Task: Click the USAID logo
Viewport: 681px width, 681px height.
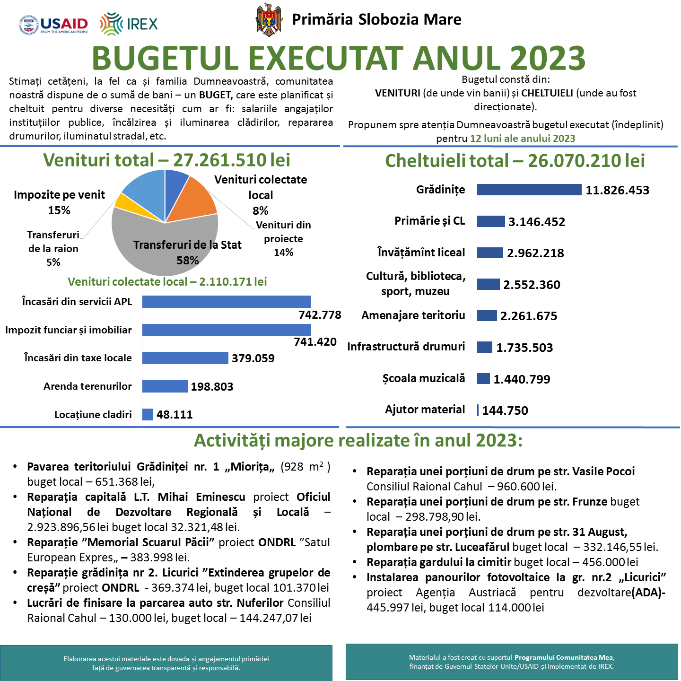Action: pyautogui.click(x=53, y=25)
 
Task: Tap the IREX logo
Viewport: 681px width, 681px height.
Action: pyautogui.click(x=129, y=24)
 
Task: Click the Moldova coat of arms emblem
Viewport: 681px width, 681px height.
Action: pyautogui.click(x=269, y=20)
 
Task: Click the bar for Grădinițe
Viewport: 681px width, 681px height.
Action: pyautogui.click(x=529, y=190)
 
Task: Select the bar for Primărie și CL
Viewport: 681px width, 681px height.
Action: pyautogui.click(x=491, y=221)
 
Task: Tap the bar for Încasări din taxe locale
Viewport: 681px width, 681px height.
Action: pyautogui.click(x=185, y=358)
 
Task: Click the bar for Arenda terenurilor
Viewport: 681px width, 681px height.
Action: pyautogui.click(x=165, y=386)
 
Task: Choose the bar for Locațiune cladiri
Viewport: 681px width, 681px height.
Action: pyautogui.click(x=148, y=414)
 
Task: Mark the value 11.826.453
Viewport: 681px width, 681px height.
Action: pyautogui.click(x=617, y=190)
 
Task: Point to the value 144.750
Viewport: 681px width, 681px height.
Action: pyautogui.click(x=505, y=410)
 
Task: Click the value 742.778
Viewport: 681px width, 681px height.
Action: pyautogui.click(x=320, y=315)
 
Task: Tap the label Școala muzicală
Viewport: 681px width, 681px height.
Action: pyautogui.click(x=424, y=378)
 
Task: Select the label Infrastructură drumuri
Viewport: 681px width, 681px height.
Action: pyautogui.click(x=406, y=347)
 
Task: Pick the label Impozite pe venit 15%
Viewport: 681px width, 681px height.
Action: pyautogui.click(x=59, y=202)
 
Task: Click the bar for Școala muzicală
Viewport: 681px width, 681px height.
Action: pyautogui.click(x=483, y=378)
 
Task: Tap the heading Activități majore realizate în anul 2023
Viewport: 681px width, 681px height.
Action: pyautogui.click(x=358, y=440)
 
